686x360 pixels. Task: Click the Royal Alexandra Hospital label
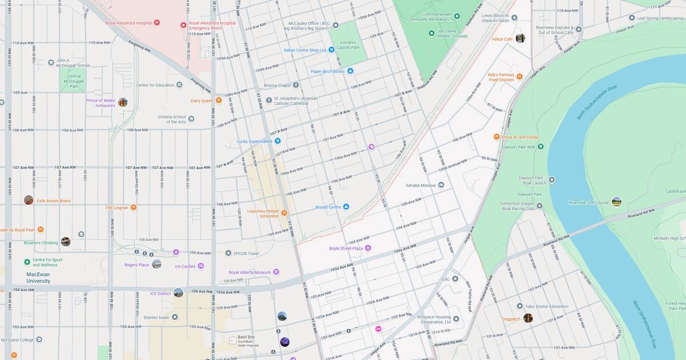(128, 23)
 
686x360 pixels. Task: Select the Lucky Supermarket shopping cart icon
(277, 141)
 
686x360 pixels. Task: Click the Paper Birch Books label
(328, 71)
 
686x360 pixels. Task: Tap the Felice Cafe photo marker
(520, 38)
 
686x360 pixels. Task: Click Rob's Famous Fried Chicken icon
(519, 77)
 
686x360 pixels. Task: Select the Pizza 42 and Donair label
(520, 137)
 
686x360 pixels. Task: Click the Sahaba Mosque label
(421, 185)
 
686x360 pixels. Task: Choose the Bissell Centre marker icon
(346, 207)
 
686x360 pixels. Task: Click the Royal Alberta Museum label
(249, 273)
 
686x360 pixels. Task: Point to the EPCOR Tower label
(246, 253)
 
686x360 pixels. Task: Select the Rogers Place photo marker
(157, 264)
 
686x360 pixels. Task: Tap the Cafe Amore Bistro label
(53, 201)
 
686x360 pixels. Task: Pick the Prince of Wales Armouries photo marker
(122, 102)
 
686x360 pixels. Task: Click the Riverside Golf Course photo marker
(616, 202)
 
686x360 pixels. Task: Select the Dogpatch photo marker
(528, 318)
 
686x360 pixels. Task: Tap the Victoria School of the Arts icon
(191, 119)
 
